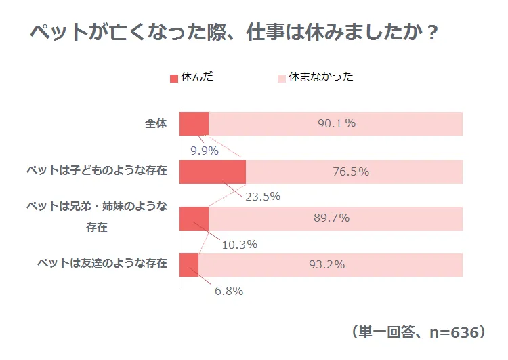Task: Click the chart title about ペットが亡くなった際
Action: tap(233, 33)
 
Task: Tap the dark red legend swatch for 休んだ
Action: tap(174, 78)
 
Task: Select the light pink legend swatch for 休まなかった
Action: tap(282, 78)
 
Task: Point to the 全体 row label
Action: tap(155, 124)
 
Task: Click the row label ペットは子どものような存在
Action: tap(97, 171)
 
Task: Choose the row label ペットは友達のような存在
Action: tap(102, 264)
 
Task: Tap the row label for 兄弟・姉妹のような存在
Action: tap(97, 216)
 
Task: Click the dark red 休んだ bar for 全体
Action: tap(194, 124)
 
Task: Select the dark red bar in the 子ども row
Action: tap(212, 172)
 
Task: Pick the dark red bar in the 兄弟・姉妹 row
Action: tap(194, 218)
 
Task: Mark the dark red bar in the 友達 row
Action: tap(189, 264)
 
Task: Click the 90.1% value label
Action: tap(337, 124)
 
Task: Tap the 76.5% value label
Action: tap(351, 172)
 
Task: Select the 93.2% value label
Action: tap(327, 264)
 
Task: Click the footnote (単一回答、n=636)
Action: tap(419, 332)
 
